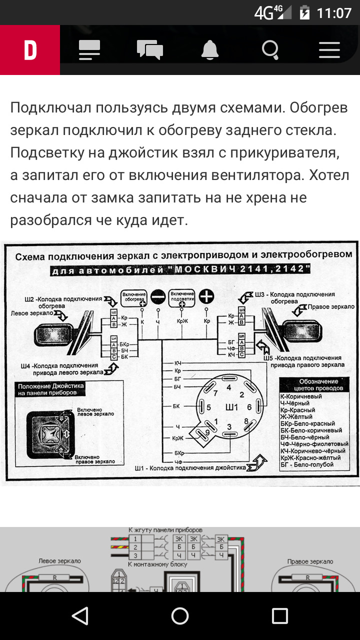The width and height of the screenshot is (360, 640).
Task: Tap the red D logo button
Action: pyautogui.click(x=30, y=50)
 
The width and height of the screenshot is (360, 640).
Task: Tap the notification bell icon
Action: pyautogui.click(x=210, y=50)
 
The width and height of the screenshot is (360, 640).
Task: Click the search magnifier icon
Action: pyautogui.click(x=270, y=50)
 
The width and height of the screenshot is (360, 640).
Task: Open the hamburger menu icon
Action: pyautogui.click(x=329, y=50)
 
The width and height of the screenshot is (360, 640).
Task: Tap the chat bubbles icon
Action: pyautogui.click(x=149, y=50)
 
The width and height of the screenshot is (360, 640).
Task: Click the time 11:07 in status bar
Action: pyautogui.click(x=334, y=12)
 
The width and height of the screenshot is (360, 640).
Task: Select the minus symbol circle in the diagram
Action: pyautogui.click(x=158, y=297)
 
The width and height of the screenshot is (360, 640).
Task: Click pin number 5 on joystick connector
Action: pyautogui.click(x=208, y=407)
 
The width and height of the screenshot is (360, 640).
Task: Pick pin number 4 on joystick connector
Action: pyautogui.click(x=228, y=387)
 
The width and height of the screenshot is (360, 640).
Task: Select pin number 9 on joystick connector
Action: pyautogui.click(x=207, y=433)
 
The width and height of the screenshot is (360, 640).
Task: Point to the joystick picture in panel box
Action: pyautogui.click(x=46, y=429)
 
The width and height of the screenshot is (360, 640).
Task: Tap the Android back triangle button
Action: pyautogui.click(x=80, y=616)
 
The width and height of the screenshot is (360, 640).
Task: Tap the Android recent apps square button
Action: pyautogui.click(x=279, y=616)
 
